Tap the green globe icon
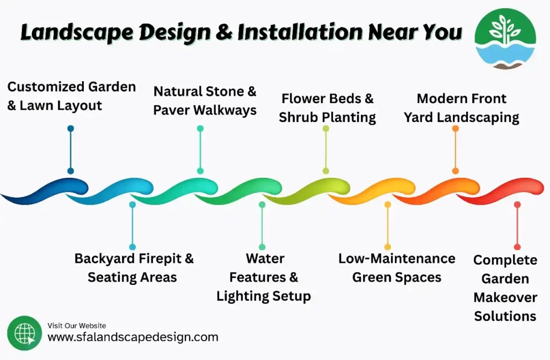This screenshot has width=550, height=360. tap(24, 333)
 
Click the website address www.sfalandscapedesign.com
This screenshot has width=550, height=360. tap(133, 337)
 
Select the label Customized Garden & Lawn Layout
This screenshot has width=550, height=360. tap(71, 96)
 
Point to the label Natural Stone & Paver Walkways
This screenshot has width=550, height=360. tap(205, 100)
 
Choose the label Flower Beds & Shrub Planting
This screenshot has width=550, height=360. tap(327, 107)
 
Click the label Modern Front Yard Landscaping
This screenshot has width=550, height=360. tap(461, 107)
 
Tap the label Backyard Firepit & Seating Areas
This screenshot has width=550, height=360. tap(134, 267)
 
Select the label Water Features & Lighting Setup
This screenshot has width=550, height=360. tap(264, 277)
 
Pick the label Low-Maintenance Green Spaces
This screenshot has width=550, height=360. tap(396, 268)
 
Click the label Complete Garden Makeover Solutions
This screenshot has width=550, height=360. tap(505, 287)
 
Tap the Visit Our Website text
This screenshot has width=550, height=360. tap(77, 326)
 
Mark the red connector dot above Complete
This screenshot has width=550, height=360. tap(517, 205)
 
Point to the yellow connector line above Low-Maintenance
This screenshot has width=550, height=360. tap(388, 226)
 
